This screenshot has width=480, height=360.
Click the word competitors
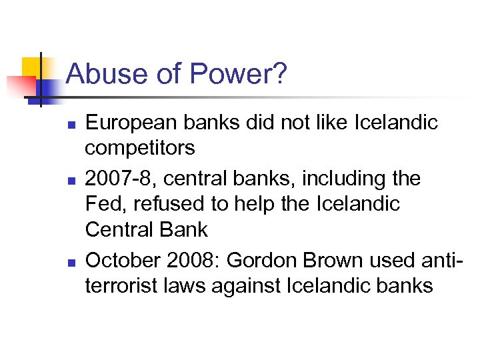(x=140, y=148)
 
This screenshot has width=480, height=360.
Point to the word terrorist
(x=121, y=286)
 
